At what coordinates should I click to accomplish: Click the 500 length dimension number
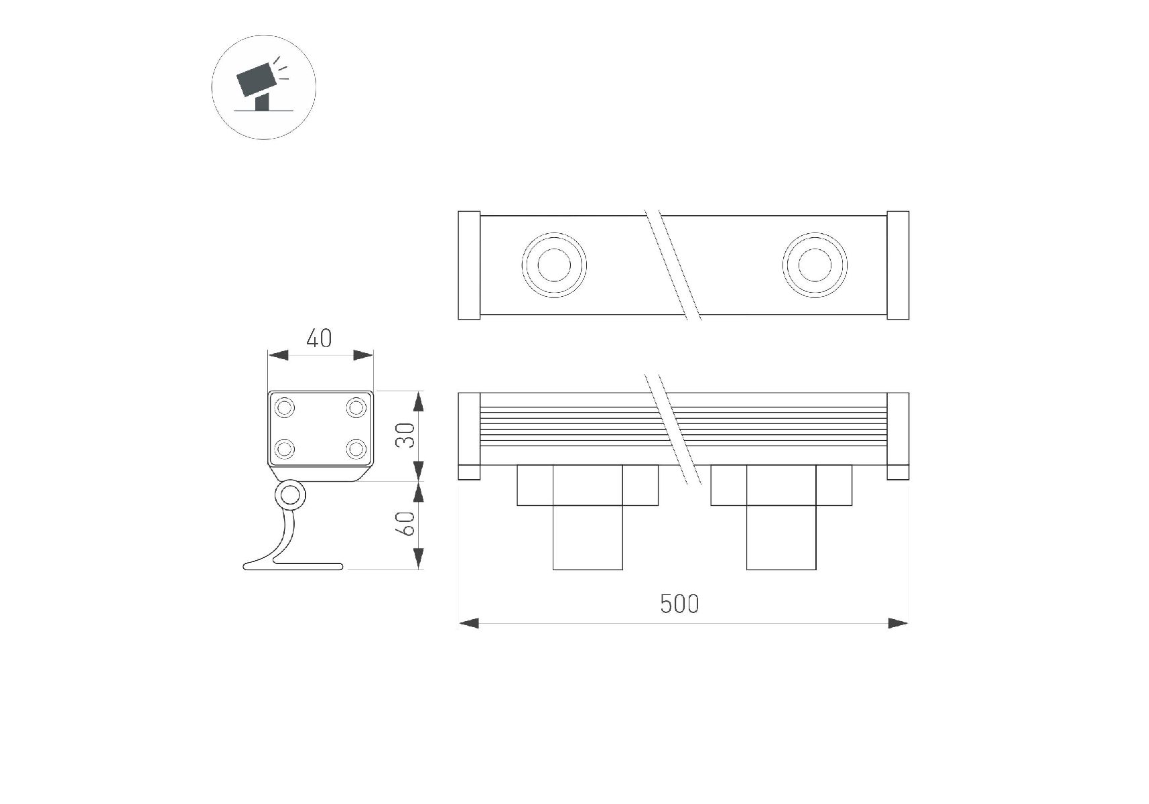tap(679, 604)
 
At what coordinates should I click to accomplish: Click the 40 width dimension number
tap(319, 338)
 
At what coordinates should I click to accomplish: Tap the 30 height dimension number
tap(405, 435)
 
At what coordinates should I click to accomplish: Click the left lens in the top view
tap(554, 265)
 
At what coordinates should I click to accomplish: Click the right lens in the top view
tap(815, 265)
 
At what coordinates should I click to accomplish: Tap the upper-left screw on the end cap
tap(285, 407)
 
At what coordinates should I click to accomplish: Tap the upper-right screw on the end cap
tap(356, 407)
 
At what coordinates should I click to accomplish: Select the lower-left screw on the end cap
tap(285, 448)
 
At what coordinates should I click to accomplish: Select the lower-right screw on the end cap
tap(356, 448)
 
